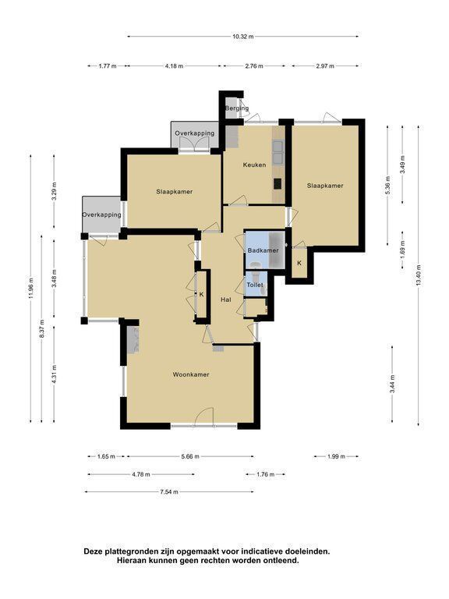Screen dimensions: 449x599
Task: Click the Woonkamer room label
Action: point(191,374)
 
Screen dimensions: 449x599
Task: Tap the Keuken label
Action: point(255,165)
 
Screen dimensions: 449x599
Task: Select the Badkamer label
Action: point(263,250)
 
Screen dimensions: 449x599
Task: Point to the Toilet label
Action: point(255,285)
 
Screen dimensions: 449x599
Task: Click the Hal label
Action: point(226,299)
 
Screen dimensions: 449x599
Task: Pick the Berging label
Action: point(237,108)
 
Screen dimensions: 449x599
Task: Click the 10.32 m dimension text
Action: point(243,37)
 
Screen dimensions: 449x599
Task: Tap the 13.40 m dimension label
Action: point(419,275)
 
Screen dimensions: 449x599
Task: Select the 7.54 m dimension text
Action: point(169,492)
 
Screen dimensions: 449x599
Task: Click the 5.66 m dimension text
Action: point(190,456)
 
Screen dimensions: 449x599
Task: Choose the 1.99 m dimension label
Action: point(337,456)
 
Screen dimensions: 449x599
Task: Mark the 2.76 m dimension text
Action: point(254,66)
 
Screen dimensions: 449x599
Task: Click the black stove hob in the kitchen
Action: point(278,184)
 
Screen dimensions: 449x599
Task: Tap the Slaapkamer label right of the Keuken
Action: point(325,186)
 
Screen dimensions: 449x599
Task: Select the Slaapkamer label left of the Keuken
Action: point(174,192)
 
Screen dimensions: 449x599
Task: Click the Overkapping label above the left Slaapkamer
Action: point(195,133)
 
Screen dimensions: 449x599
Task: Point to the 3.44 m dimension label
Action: point(393,384)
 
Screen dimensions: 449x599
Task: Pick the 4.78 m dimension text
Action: point(141,474)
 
